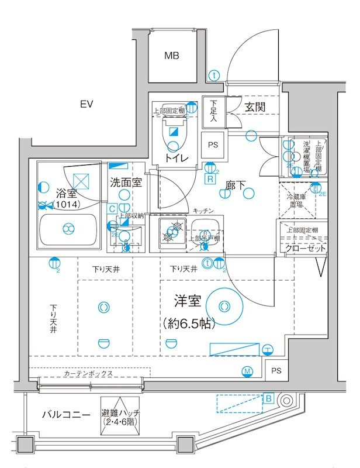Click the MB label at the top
click(171, 56)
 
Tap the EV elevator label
click(87, 105)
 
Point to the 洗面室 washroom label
click(125, 182)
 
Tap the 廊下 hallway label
click(236, 186)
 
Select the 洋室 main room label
click(188, 302)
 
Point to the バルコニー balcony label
click(65, 415)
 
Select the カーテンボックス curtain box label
click(88, 373)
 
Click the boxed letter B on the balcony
click(268, 398)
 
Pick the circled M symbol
click(247, 371)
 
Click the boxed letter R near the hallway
click(209, 179)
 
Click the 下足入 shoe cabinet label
click(213, 111)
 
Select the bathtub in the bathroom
click(68, 229)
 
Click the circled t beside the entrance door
click(214, 75)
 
